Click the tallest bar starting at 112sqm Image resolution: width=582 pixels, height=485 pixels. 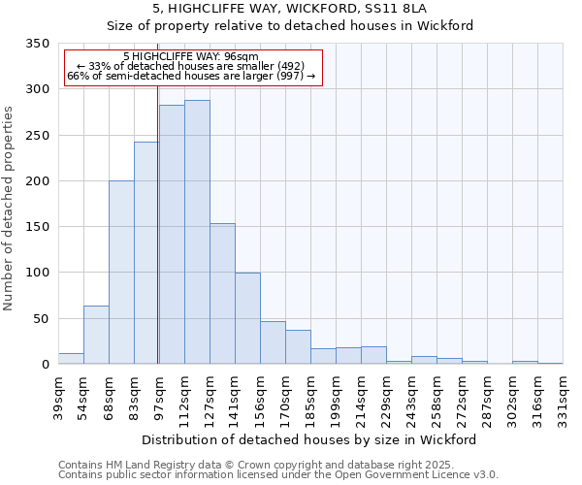197,233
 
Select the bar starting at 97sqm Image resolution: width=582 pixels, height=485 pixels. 172,235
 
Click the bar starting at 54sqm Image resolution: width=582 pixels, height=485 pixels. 96,335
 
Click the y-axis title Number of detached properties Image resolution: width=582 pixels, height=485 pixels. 10,205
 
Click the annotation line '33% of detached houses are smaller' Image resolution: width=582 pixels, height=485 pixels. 190,66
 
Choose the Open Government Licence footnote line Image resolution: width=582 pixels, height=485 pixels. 278,475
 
